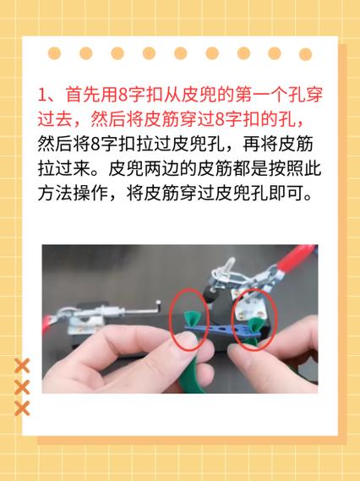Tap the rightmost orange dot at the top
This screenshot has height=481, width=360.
pos(305,53)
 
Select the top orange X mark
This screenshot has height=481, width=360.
pos(24,366)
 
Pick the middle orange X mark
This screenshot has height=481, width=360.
pos(24,387)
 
